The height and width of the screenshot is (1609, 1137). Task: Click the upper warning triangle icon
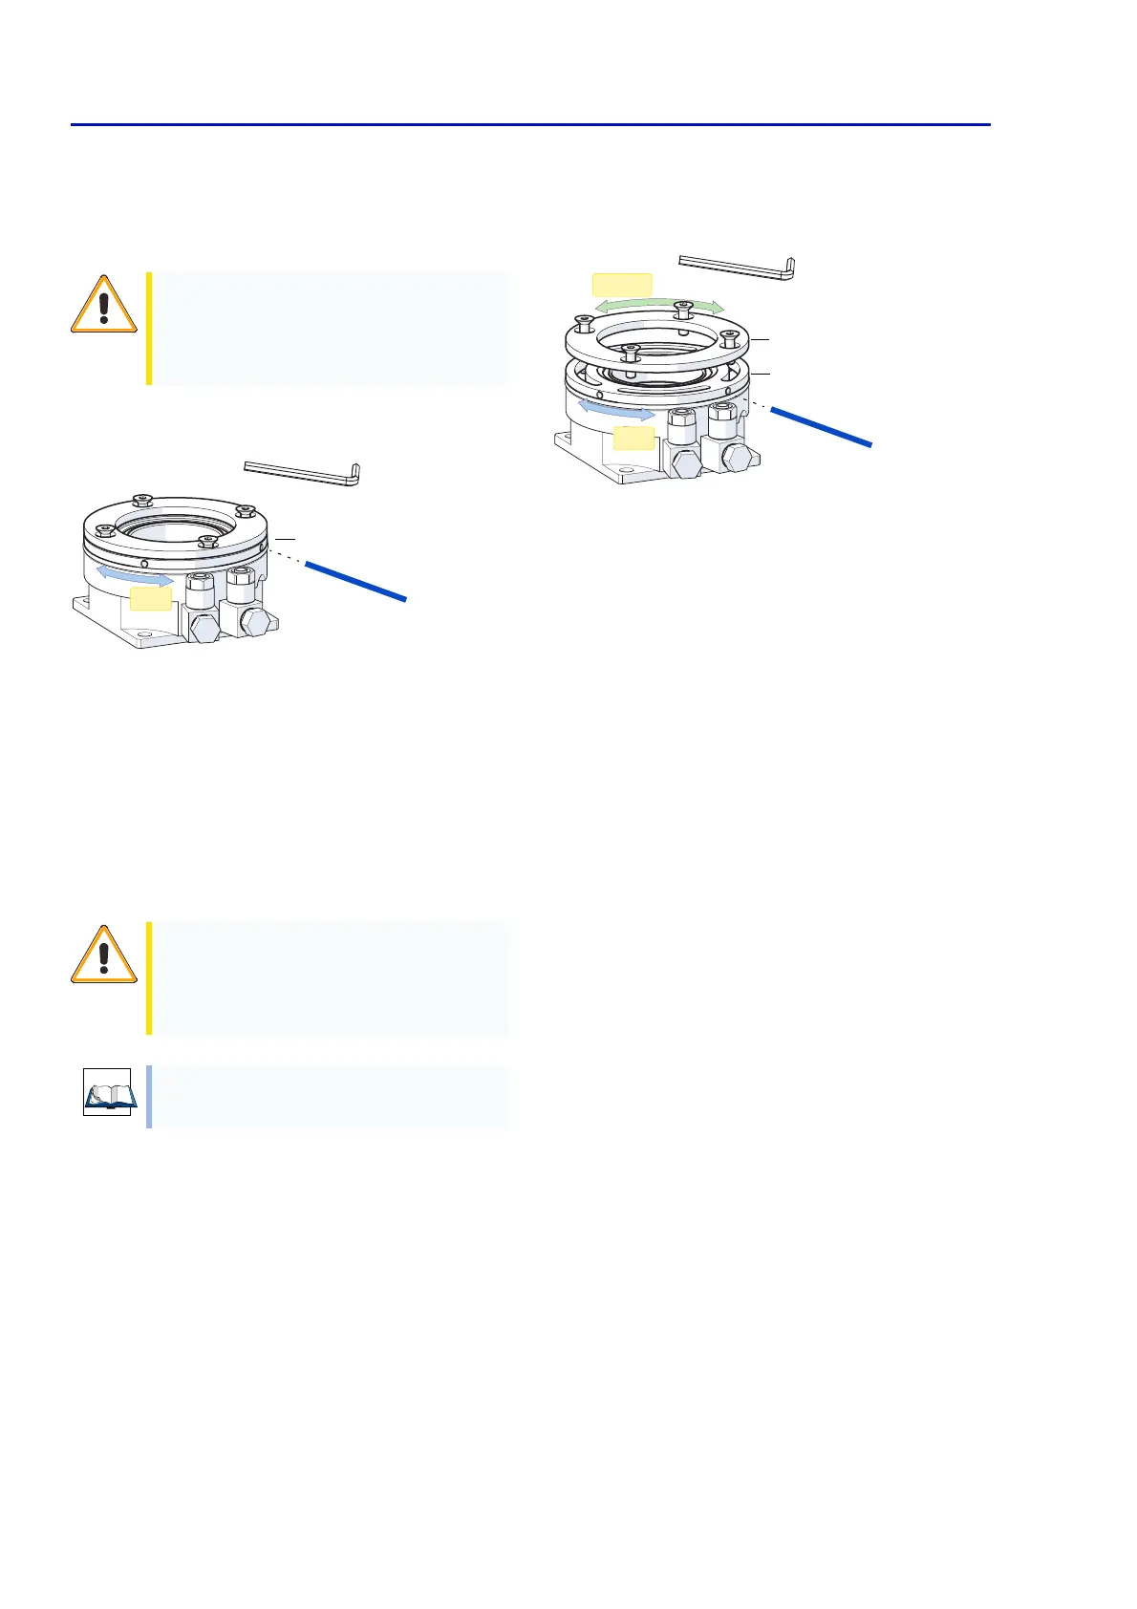click(104, 304)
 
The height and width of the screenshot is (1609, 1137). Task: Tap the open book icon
click(107, 1093)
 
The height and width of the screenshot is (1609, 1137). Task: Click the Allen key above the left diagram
click(302, 470)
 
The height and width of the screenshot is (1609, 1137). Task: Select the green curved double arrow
click(660, 304)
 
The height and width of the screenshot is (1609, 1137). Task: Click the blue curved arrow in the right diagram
click(617, 412)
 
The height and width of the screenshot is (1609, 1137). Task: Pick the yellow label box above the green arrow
click(622, 285)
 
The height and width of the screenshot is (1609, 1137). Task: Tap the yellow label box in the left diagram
click(151, 599)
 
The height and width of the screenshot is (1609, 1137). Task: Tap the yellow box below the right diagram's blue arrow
click(633, 439)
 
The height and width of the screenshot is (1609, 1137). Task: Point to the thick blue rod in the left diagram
click(355, 581)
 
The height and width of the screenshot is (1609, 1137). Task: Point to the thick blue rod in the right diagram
click(822, 426)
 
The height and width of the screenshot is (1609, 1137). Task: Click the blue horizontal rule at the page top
click(530, 124)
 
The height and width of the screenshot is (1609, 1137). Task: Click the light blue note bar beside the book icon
click(149, 1096)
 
